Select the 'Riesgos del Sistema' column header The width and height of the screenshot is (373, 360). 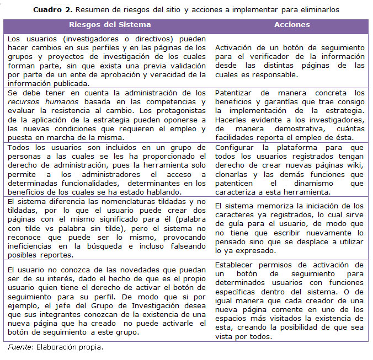point(110,25)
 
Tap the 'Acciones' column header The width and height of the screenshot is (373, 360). point(292,25)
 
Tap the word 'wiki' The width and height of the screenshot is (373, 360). point(355,165)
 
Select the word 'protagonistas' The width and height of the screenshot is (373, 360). point(180,111)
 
